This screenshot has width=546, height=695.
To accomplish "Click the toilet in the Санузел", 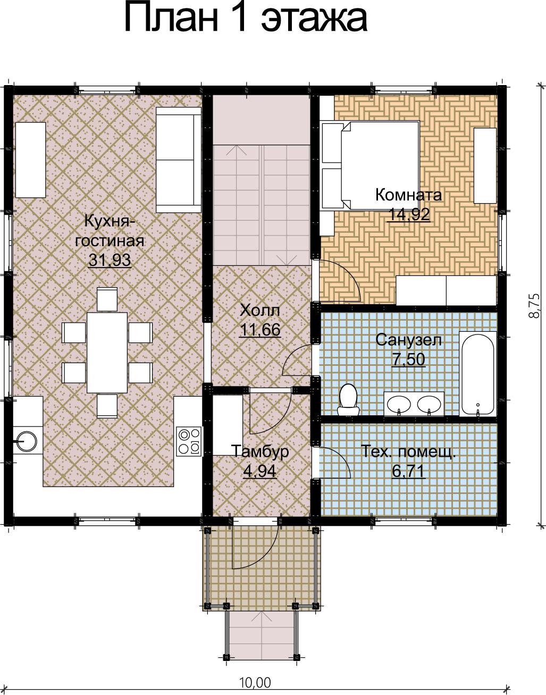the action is [x=348, y=400].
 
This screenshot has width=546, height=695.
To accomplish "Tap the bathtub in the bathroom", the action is [x=477, y=374].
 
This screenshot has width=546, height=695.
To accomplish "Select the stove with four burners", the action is [x=189, y=441].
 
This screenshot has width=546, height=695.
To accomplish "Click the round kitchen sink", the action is [x=27, y=441].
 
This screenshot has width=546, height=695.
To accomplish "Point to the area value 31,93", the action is [x=110, y=260].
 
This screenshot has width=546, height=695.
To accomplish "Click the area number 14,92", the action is [x=408, y=214].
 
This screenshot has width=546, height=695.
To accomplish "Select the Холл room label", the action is [x=260, y=310].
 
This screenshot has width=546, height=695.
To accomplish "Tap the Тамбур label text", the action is [x=260, y=451].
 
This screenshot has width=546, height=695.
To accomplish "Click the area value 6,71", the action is [x=408, y=471].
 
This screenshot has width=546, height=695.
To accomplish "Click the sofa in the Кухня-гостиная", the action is [x=179, y=160].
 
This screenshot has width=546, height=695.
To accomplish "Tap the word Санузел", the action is [x=408, y=340].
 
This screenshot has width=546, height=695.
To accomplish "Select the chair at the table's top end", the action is [x=107, y=299].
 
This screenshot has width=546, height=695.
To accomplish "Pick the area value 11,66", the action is [x=260, y=330].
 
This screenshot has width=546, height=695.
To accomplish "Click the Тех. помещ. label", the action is [x=408, y=451].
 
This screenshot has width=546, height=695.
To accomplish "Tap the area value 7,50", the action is [x=408, y=359].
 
